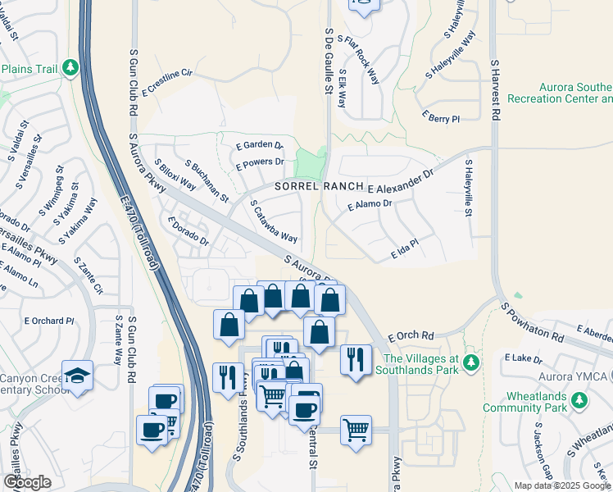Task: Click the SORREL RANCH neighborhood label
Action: coord(317,186)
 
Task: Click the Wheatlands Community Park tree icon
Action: coord(579,400)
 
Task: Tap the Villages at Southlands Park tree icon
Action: coord(470,362)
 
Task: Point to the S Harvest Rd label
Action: coord(494,90)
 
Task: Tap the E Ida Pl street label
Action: coord(405,249)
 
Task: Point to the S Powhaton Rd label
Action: coord(533,323)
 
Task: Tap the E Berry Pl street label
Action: coord(441,118)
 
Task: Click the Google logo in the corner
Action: coord(27,481)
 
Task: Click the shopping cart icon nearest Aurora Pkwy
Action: coord(356,429)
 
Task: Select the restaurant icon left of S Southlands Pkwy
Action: coord(227,376)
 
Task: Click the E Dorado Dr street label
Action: coord(188,231)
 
